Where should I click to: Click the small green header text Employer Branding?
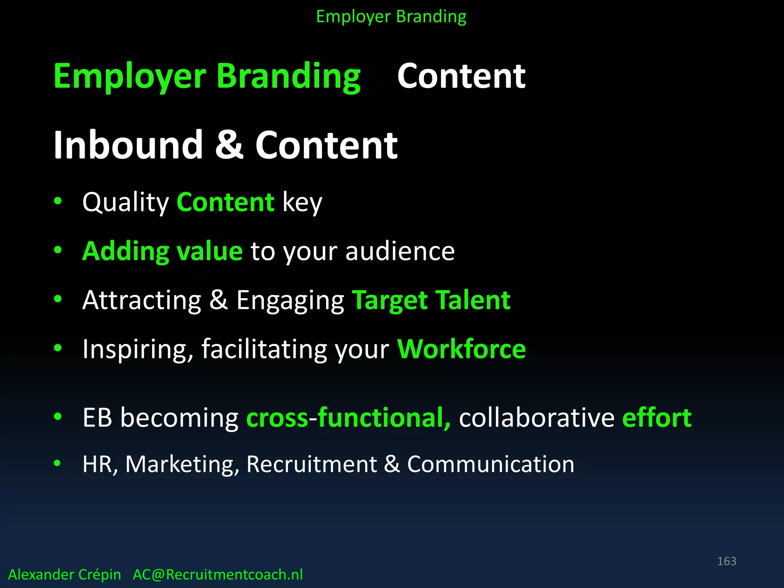tap(391, 17)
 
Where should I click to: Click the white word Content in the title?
tap(461, 77)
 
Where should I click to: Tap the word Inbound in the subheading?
tap(128, 145)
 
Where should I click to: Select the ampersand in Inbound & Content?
tap(229, 145)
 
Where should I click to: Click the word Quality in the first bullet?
tap(126, 203)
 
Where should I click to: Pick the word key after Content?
tap(302, 203)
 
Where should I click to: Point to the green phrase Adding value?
tap(162, 252)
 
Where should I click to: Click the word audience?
tap(400, 252)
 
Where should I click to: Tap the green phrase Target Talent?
tap(431, 300)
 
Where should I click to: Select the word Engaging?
tap(290, 301)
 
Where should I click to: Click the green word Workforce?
tap(461, 349)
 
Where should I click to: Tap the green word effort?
tap(657, 418)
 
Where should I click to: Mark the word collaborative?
tap(537, 418)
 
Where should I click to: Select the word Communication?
tap(490, 465)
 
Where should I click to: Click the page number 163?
tap(726, 561)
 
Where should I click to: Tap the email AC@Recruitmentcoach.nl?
tap(217, 575)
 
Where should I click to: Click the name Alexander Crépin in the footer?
tap(64, 575)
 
